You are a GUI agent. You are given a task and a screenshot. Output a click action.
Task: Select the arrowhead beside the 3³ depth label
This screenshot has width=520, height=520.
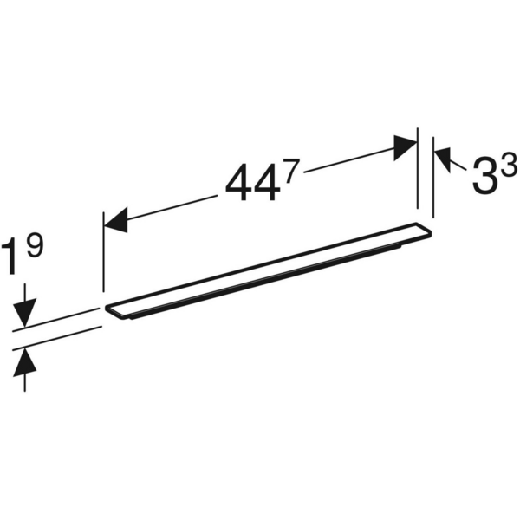click(443, 159)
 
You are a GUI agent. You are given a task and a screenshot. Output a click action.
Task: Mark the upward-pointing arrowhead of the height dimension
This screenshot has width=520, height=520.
click(26, 360)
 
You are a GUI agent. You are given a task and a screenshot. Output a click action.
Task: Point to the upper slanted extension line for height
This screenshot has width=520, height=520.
click(56, 318)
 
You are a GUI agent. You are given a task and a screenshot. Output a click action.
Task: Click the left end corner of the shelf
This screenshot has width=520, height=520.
click(107, 308)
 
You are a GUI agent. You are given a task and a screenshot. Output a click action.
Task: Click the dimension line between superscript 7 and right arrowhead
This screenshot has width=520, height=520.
click(347, 162)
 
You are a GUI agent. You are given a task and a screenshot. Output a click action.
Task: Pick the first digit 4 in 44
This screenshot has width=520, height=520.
click(238, 184)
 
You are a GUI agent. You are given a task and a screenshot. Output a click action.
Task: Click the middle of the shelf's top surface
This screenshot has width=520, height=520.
click(269, 269)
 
